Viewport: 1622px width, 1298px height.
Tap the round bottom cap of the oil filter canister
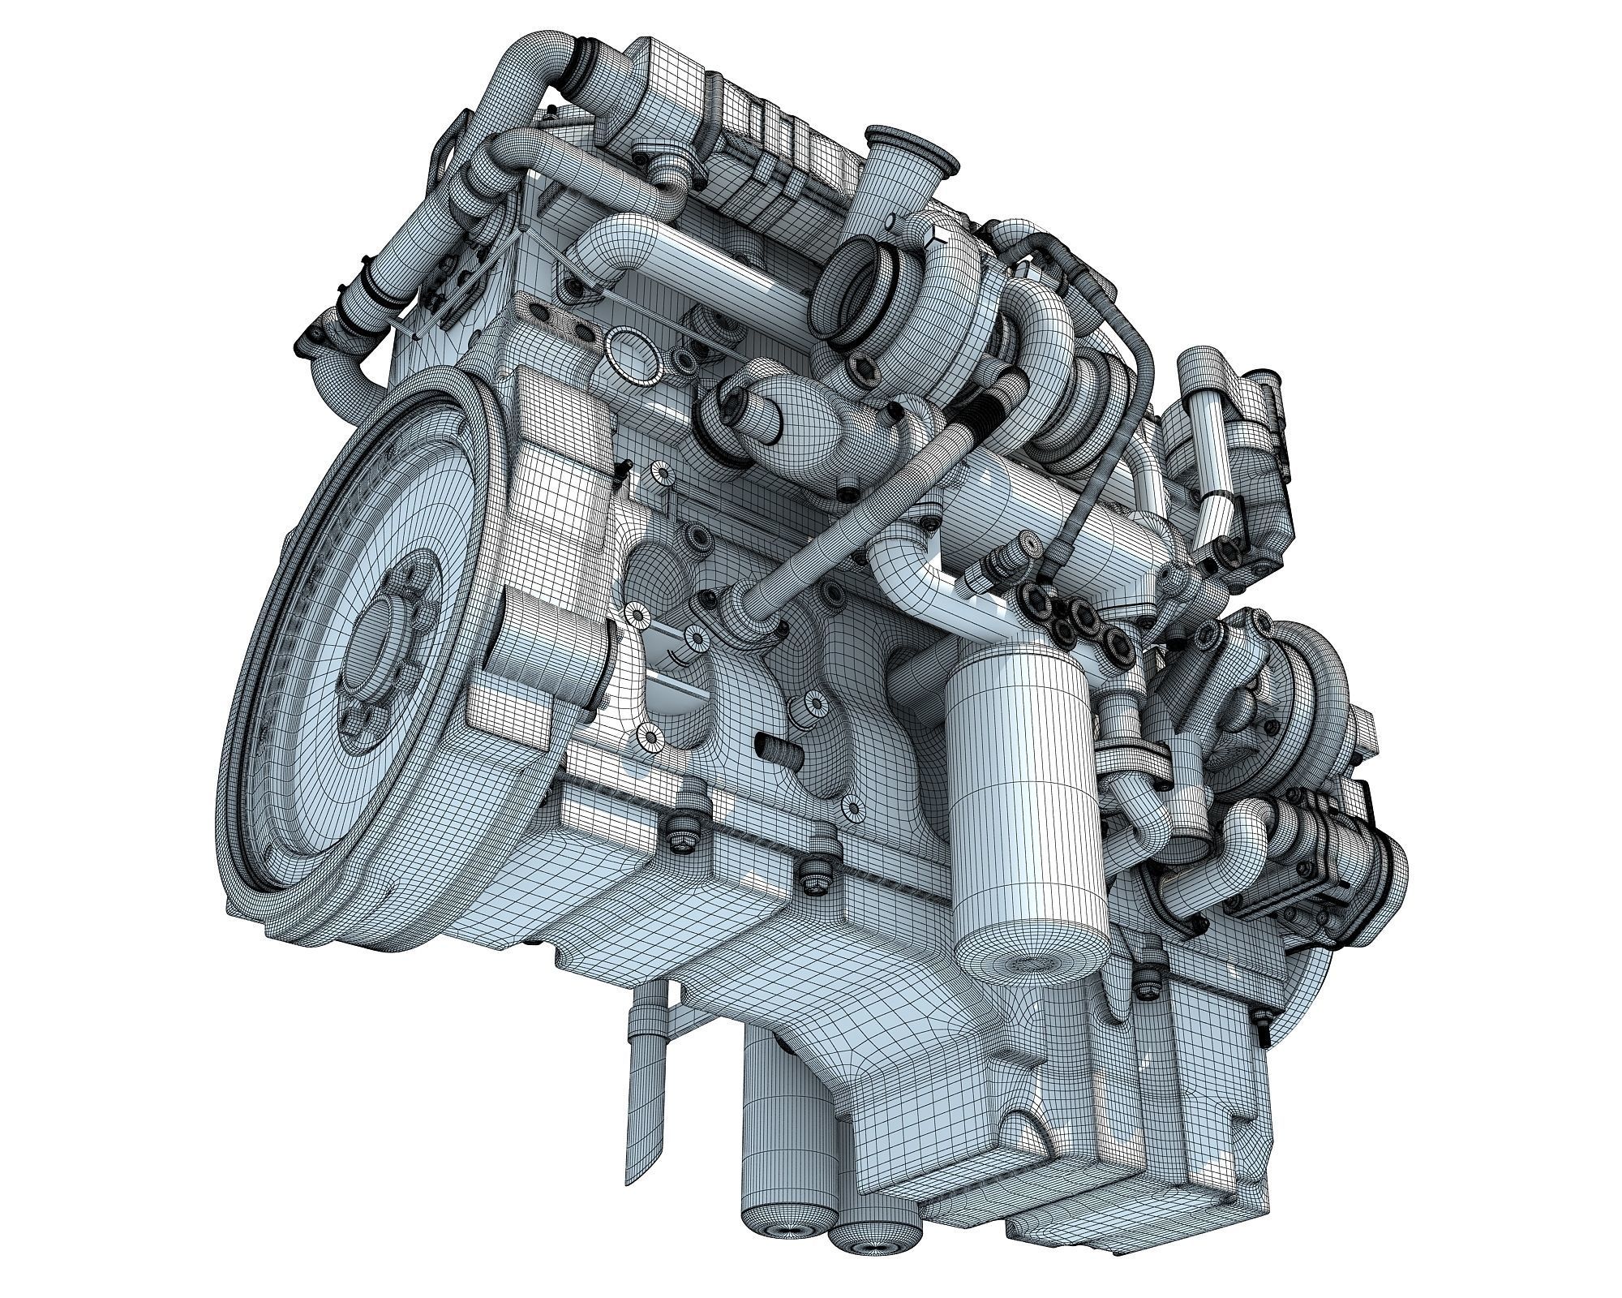pyautogui.click(x=1030, y=962)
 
